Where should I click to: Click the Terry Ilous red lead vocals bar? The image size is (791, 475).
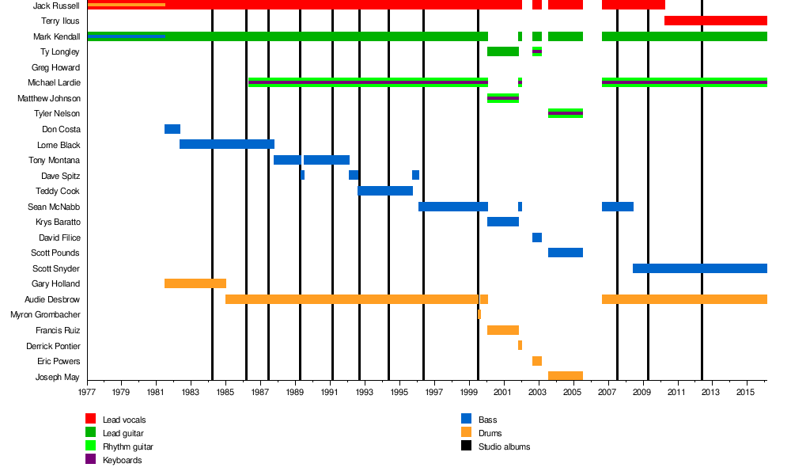pos(715,21)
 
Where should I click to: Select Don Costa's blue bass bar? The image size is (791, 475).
pos(172,129)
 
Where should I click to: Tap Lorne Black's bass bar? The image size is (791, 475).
pos(227,144)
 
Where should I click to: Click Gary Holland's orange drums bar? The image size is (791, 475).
pos(195,283)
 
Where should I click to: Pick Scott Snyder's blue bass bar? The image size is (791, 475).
pos(699,268)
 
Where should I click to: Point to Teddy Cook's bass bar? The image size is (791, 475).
pos(385,191)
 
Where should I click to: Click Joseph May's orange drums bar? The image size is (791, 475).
pos(566,376)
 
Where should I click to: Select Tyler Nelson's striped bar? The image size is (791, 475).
pos(566,113)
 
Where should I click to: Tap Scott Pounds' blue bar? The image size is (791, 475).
pos(566,253)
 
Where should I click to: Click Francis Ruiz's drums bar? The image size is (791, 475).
pos(503,330)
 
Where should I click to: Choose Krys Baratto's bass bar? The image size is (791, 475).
pos(503,222)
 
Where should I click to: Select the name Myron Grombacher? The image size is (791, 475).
pos(45,314)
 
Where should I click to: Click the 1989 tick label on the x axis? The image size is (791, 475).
pos(295,392)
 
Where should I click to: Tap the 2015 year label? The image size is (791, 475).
pos(747,392)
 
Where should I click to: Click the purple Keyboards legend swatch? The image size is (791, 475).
pos(90,460)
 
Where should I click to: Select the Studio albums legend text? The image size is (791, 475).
pos(504,446)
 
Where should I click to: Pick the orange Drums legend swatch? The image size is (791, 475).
pos(467,432)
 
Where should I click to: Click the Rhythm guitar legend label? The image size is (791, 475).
pos(127,446)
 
